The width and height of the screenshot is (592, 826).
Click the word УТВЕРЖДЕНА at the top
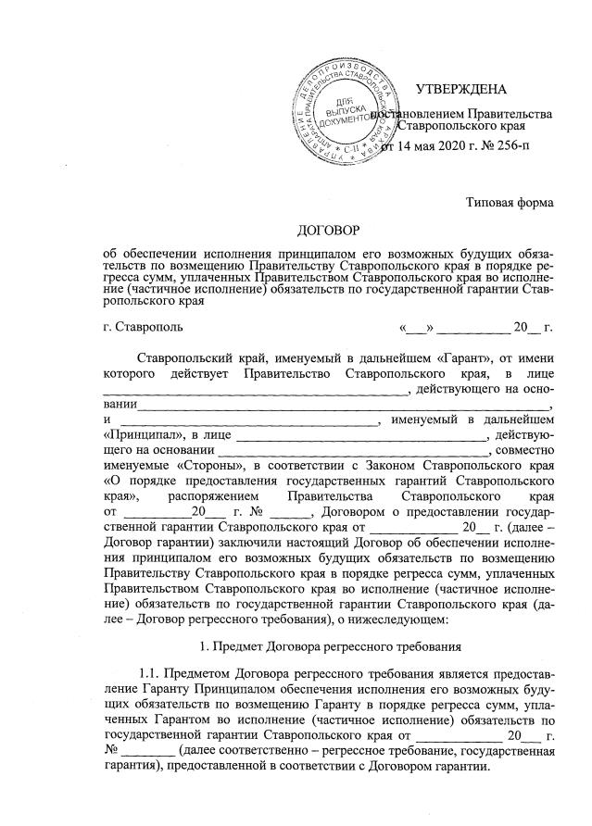461,89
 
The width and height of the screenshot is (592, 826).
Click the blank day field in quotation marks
416,327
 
